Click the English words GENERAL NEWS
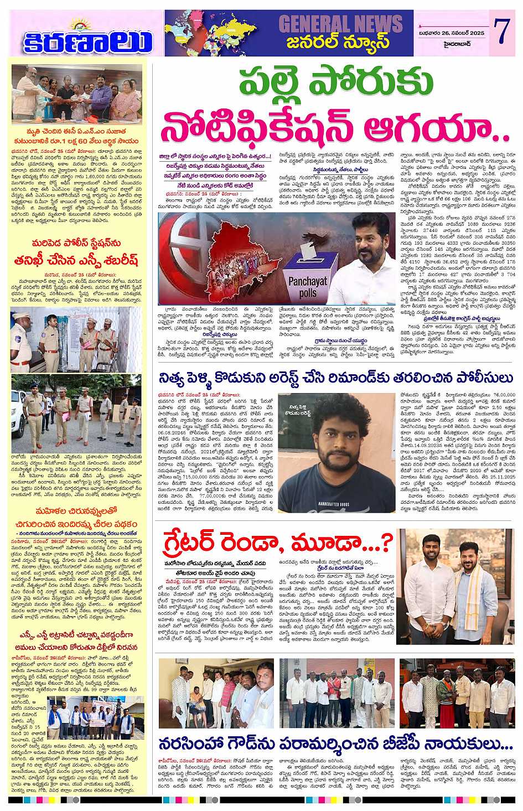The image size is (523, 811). pyautogui.click(x=340, y=24)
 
